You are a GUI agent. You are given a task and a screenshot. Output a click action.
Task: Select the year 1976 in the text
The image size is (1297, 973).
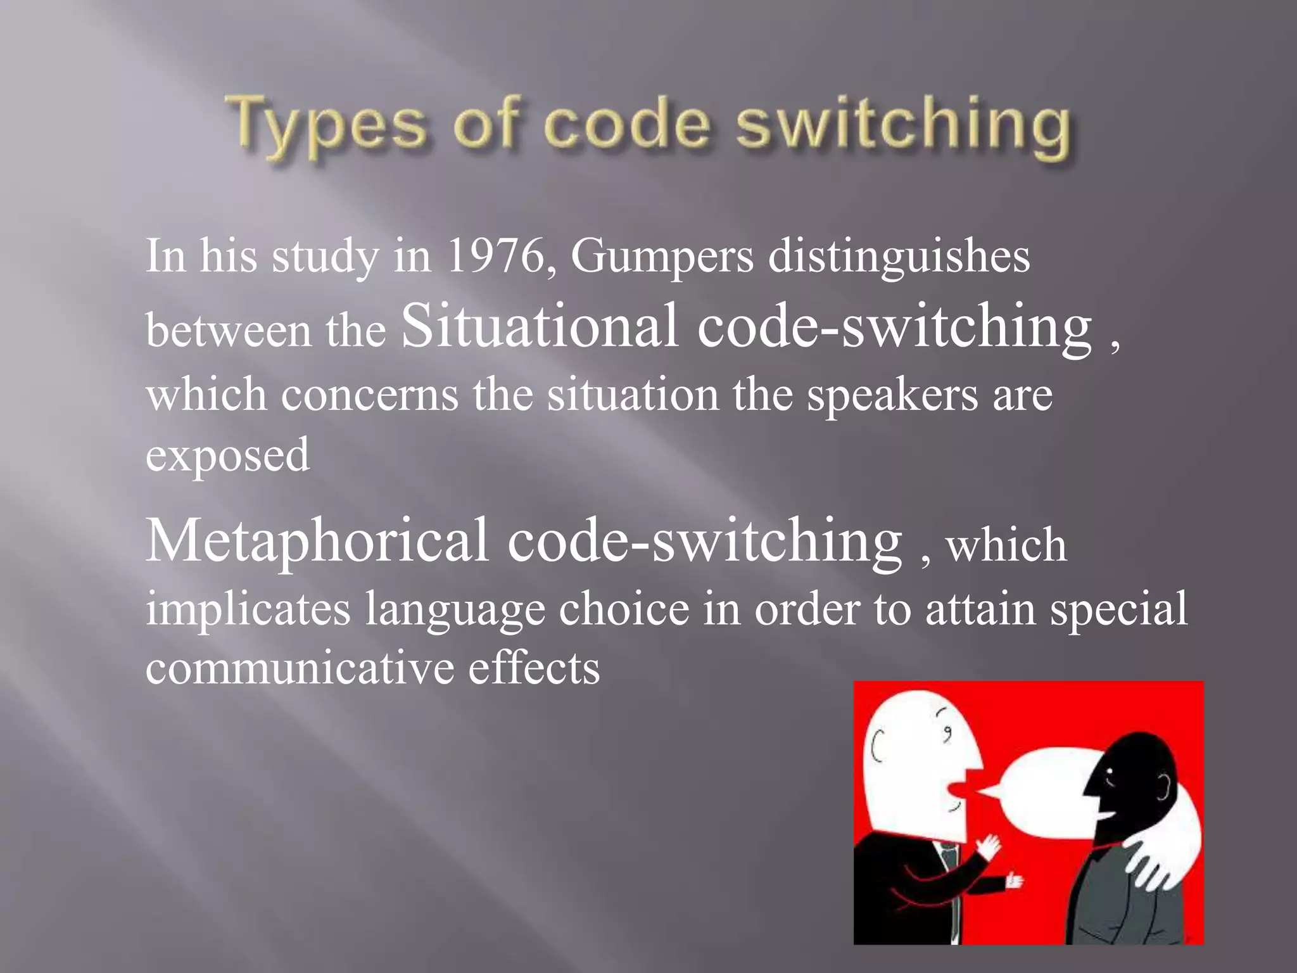tap(495, 257)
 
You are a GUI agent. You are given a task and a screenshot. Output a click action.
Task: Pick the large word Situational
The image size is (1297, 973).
tap(540, 326)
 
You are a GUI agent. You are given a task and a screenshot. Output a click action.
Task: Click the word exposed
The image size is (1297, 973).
tap(228, 455)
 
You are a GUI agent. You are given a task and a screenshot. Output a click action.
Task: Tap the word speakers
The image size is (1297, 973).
tap(892, 396)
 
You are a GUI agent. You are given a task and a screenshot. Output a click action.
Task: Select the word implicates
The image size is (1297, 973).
tap(248, 609)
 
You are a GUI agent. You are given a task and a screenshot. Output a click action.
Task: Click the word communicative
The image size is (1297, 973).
tap(300, 668)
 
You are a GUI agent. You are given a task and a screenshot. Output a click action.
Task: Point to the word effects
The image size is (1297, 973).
tap(534, 668)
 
